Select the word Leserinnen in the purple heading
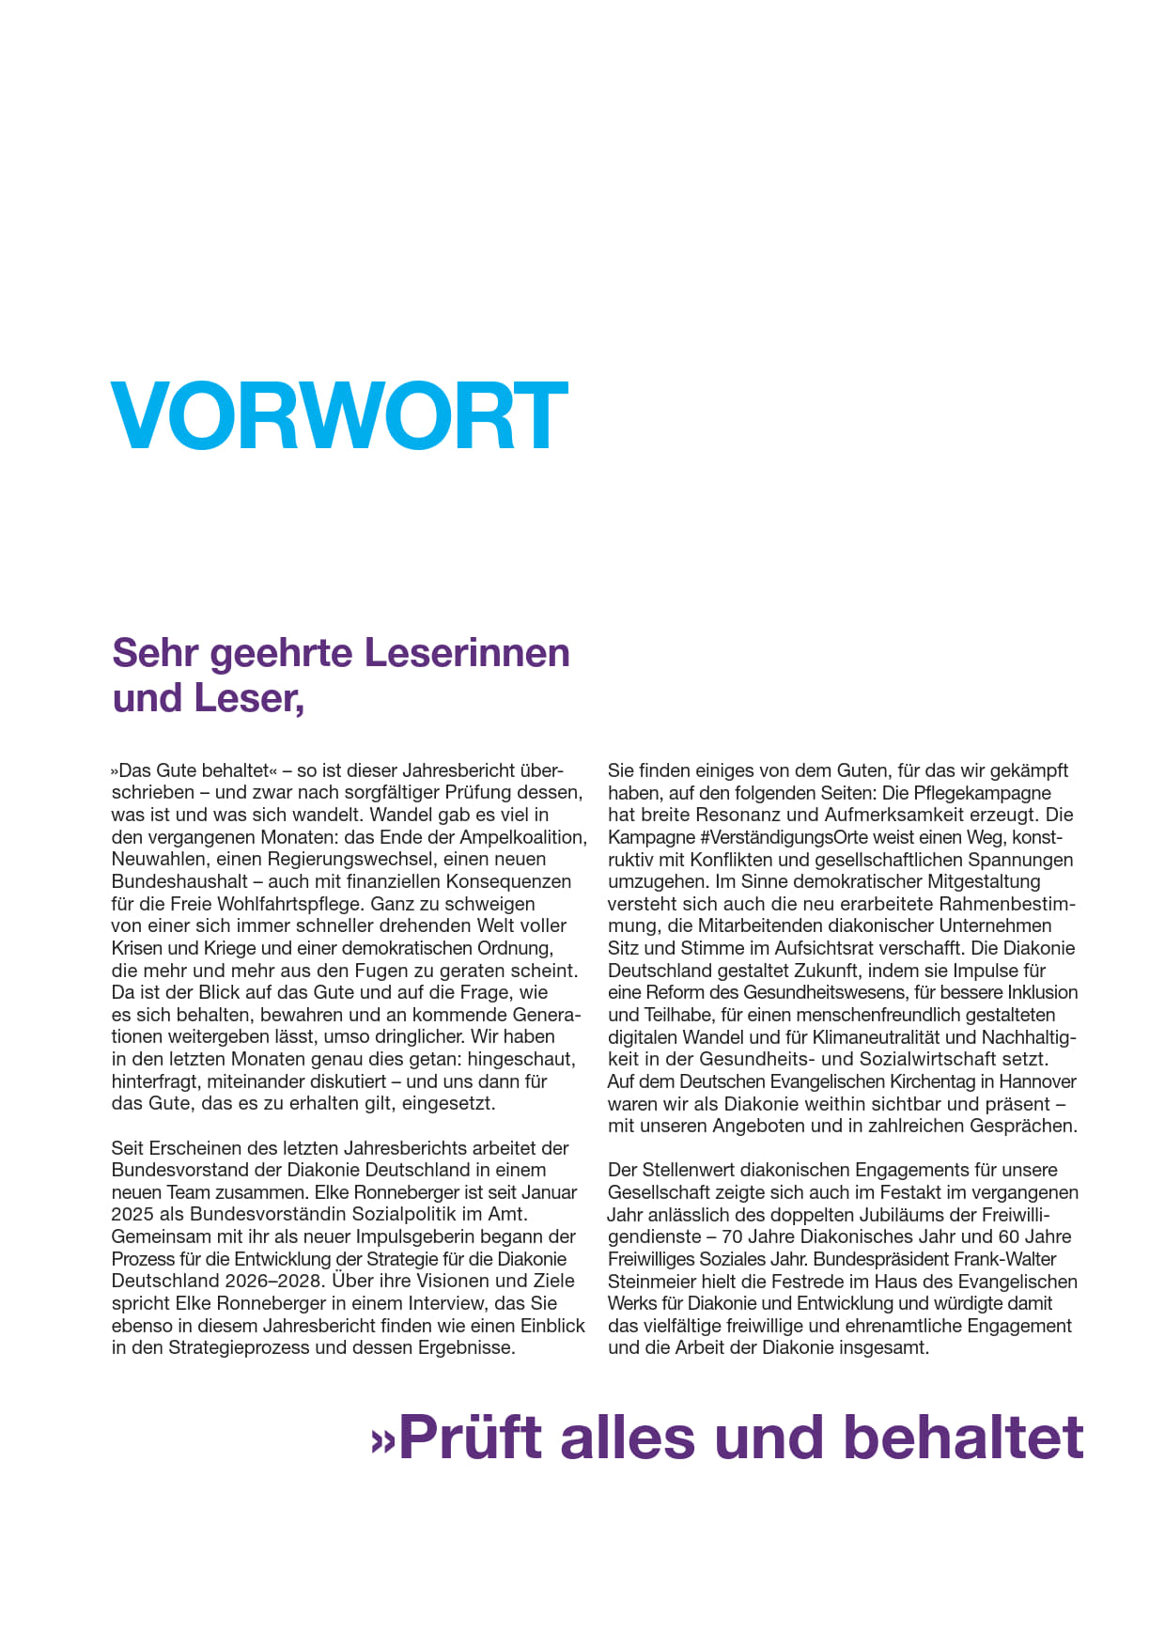pos(466,653)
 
